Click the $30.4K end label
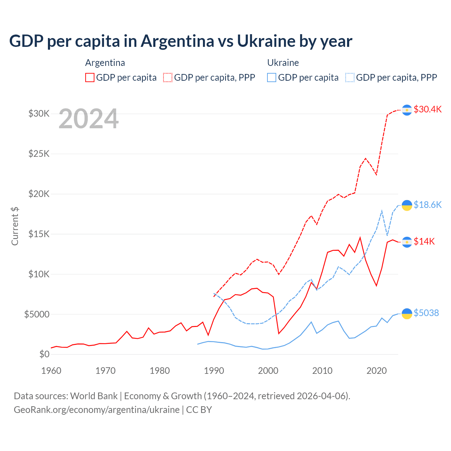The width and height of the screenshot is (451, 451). pos(427,109)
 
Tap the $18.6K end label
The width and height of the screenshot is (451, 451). pos(427,205)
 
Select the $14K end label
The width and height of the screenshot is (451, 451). pos(424,241)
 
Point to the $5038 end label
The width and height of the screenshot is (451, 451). pos(426,313)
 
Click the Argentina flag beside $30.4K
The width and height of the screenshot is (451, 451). pos(407,110)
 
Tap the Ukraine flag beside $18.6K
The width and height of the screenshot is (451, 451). pos(407,205)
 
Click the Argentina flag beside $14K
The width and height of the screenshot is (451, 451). pos(407,242)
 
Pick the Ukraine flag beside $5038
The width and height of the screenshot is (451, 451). pos(407,313)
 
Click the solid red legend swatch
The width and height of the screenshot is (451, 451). pos(90,78)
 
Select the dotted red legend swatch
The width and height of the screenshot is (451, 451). pos(168,78)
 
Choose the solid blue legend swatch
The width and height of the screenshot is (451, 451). pos(272,78)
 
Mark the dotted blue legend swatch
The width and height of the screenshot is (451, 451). pos(350,78)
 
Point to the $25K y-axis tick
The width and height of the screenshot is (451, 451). pos(39,154)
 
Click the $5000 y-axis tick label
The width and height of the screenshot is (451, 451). pos(37,314)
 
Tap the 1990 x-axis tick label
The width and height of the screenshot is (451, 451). pos(214,371)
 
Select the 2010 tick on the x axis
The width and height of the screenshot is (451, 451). pos(322,371)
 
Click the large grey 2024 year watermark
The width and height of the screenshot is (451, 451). pos(88,119)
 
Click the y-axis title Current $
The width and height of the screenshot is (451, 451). pos(15,226)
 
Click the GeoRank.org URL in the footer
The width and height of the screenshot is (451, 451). pos(97,410)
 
